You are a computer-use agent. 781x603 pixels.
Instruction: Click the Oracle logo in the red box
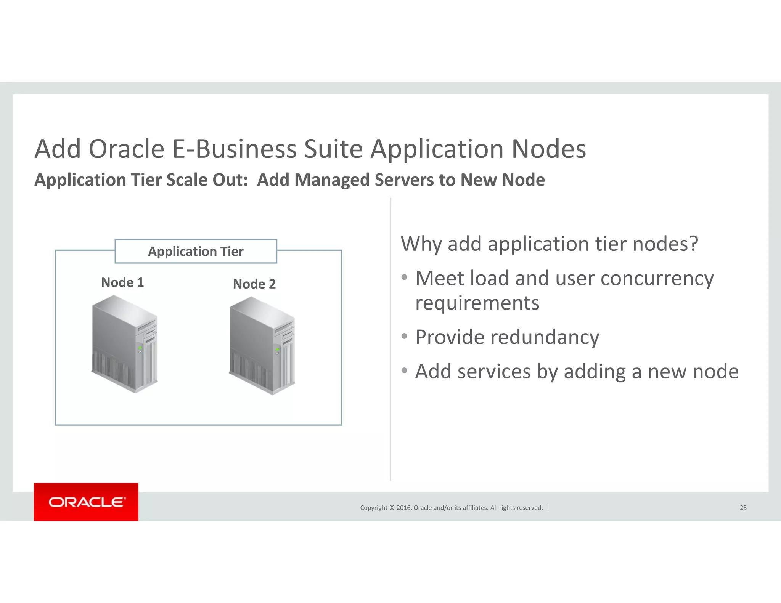[87, 502]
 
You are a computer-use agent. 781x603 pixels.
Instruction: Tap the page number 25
[743, 508]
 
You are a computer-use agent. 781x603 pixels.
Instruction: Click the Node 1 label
[122, 282]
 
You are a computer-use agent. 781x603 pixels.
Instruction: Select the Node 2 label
[254, 284]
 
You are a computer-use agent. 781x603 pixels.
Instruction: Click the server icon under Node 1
[125, 344]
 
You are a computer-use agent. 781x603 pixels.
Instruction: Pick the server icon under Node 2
[262, 345]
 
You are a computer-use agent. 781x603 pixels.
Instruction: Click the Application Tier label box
[196, 252]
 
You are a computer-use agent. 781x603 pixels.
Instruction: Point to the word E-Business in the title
[234, 149]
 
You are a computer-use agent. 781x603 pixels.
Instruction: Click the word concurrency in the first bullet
[657, 278]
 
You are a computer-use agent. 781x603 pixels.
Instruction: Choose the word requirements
[477, 303]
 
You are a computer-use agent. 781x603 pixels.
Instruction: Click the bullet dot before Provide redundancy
[405, 336]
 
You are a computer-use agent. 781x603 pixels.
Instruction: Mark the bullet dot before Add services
[405, 370]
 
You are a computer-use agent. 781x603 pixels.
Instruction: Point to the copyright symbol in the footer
[391, 508]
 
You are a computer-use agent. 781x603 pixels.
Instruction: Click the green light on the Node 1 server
[140, 348]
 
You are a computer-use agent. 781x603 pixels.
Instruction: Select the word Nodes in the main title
[548, 149]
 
